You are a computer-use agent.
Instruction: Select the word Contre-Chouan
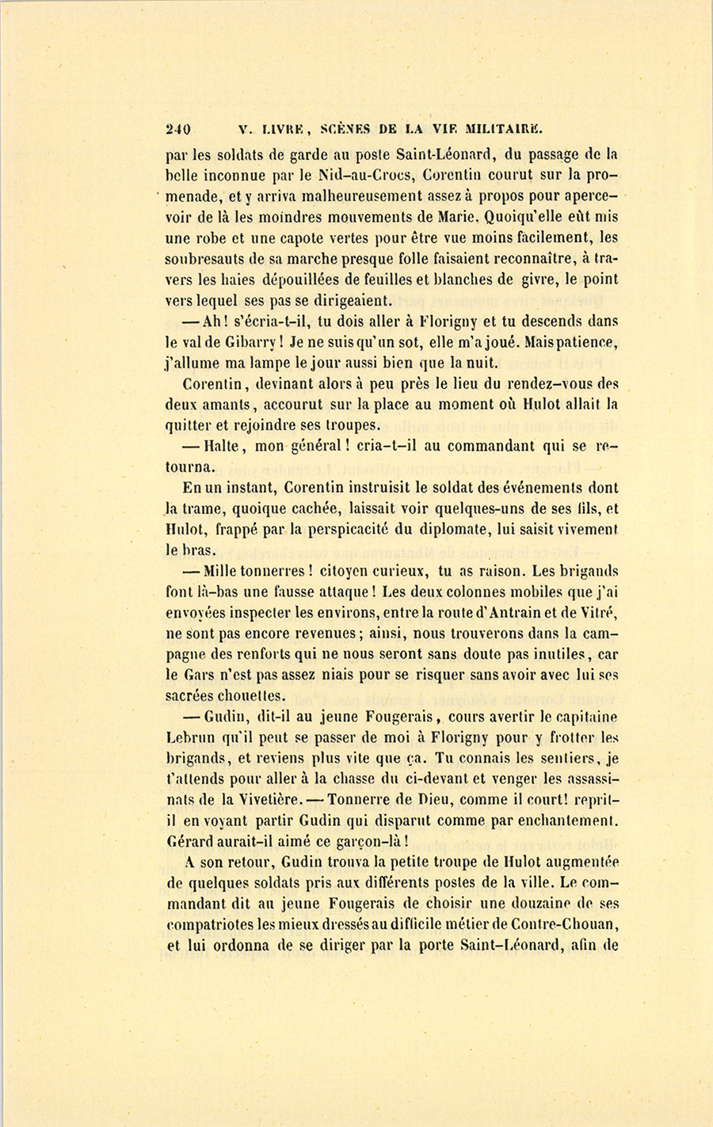(x=560, y=924)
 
